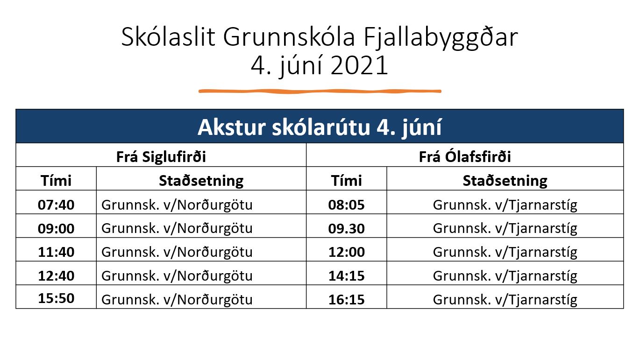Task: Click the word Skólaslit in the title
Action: [x=168, y=37]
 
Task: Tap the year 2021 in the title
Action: [x=359, y=65]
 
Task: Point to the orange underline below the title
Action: [x=320, y=92]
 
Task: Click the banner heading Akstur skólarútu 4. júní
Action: [x=320, y=127]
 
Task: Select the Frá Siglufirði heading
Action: [x=161, y=157]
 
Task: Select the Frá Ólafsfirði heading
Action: [x=465, y=156]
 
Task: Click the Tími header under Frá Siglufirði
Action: [x=56, y=180]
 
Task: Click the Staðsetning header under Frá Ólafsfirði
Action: [x=505, y=181]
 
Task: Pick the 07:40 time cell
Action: [x=56, y=205]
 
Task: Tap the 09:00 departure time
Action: [x=56, y=228]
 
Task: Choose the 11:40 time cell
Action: [x=56, y=252]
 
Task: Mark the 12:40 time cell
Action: [x=56, y=276]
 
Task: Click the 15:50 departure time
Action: [x=56, y=298]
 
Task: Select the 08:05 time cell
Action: [x=346, y=205]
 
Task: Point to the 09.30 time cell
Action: [x=346, y=228]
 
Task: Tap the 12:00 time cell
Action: [x=347, y=252]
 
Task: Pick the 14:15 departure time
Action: [x=347, y=276]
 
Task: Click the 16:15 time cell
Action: [x=347, y=299]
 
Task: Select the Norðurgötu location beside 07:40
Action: [x=177, y=205]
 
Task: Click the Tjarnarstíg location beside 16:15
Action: [x=505, y=300]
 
